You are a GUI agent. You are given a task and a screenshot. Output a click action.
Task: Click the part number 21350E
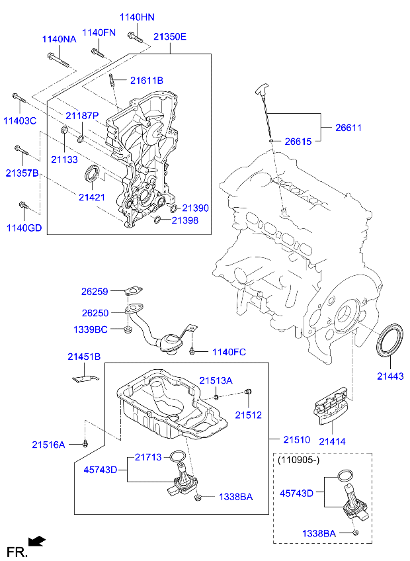click(x=171, y=37)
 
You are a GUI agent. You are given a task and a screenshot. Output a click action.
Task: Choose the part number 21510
click(x=297, y=439)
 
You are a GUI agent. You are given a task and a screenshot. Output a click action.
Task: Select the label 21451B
click(x=84, y=357)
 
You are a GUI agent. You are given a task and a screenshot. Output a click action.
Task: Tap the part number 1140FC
click(x=228, y=352)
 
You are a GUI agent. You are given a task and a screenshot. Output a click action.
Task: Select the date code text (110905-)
click(x=300, y=458)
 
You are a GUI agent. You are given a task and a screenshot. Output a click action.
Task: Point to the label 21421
click(x=91, y=196)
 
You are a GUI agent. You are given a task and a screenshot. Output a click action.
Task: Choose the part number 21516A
click(x=49, y=445)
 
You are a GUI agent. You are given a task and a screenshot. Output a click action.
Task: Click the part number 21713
click(x=149, y=456)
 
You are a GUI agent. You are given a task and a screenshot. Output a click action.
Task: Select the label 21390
click(x=196, y=208)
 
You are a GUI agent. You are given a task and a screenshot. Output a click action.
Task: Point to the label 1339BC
click(x=90, y=329)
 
